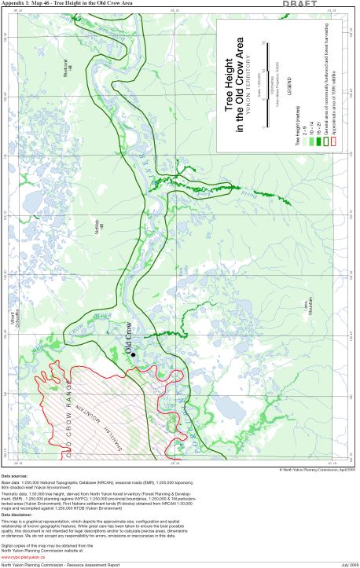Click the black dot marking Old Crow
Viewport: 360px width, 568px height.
[133, 355]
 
